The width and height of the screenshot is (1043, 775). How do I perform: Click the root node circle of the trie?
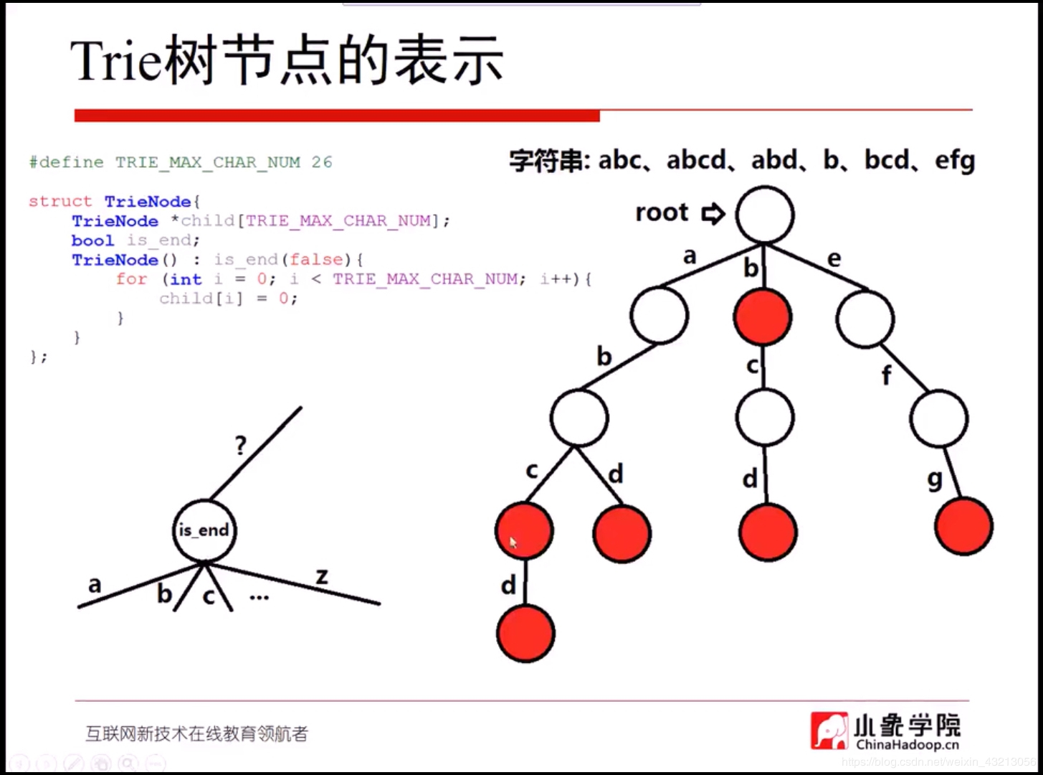(764, 215)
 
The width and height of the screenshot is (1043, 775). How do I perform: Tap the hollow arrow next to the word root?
(713, 213)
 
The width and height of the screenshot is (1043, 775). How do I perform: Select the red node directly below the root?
(763, 317)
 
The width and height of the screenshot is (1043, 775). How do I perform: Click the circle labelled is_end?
(204, 530)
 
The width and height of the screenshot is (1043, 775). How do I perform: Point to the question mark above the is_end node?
(241, 446)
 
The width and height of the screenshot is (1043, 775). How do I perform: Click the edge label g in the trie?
(935, 478)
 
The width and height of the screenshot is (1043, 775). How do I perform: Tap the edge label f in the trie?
(887, 374)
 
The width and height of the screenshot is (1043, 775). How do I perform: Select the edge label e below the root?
(834, 258)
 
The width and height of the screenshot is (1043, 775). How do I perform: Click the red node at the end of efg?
(963, 526)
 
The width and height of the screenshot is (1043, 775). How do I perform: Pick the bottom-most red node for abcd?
(525, 633)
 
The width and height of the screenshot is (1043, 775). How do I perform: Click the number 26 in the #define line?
(322, 162)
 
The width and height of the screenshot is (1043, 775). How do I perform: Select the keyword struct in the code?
(60, 202)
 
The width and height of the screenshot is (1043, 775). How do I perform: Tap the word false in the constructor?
(316, 260)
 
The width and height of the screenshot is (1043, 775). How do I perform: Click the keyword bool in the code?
(92, 240)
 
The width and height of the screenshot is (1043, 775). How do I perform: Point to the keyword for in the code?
(132, 279)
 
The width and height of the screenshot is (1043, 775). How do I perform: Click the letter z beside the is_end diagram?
(322, 576)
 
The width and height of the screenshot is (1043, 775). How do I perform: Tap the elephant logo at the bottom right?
(829, 731)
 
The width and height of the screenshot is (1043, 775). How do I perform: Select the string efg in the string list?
(955, 160)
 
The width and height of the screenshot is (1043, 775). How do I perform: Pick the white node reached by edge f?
(938, 418)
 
